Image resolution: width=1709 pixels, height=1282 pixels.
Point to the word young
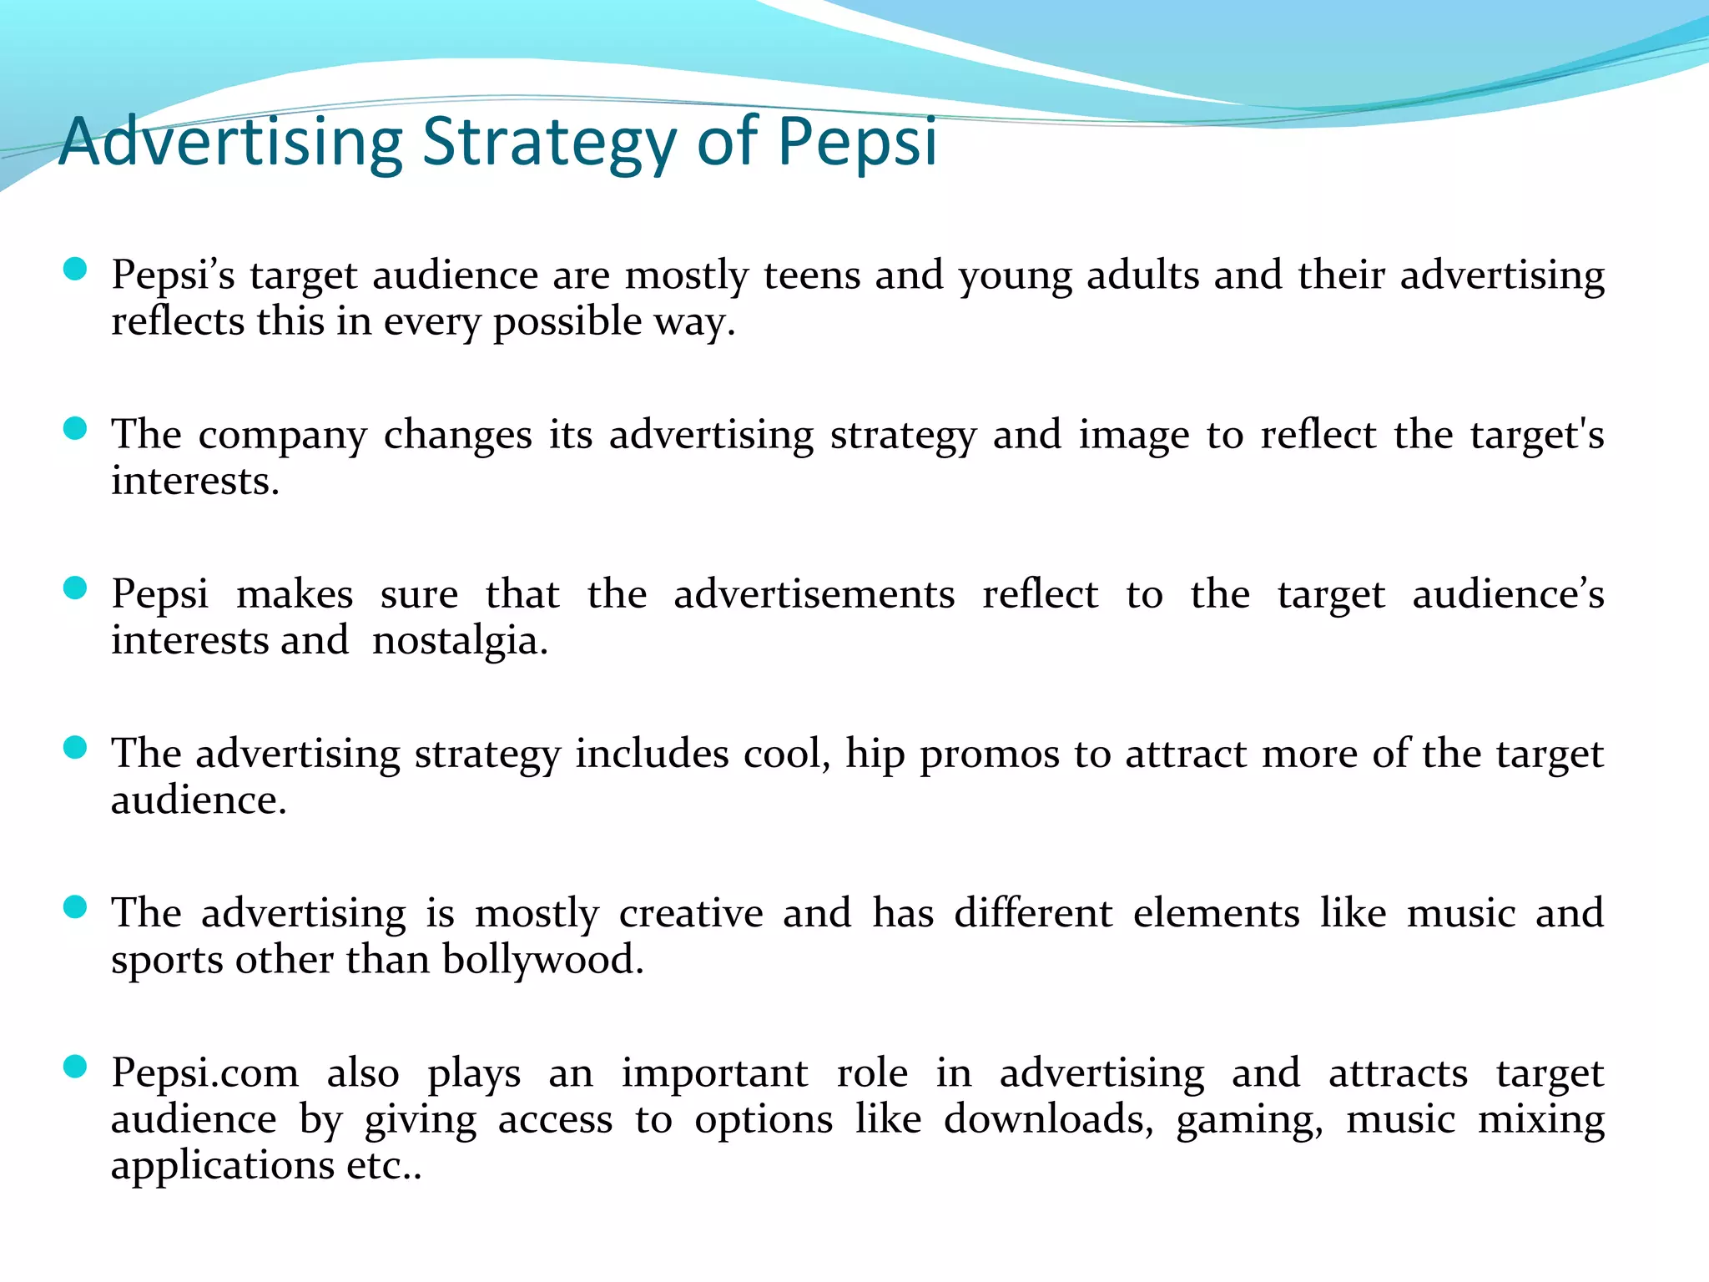point(1014,276)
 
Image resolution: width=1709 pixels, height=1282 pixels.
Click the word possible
point(566,322)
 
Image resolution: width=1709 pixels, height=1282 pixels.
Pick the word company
point(282,436)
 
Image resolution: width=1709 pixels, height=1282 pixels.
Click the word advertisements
point(814,594)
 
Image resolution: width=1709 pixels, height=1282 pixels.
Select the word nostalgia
point(460,641)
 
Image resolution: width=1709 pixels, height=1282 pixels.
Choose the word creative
point(690,913)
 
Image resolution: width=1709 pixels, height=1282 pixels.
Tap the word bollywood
point(543,960)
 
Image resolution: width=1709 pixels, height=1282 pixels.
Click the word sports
point(166,961)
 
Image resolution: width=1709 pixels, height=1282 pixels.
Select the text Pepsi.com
point(205,1073)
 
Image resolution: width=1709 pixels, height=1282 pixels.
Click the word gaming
point(1249,1121)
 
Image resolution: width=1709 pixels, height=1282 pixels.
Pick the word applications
point(222,1166)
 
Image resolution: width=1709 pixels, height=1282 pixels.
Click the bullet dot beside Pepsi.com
point(75,1067)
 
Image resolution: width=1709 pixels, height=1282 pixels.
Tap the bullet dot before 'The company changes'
point(75,429)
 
